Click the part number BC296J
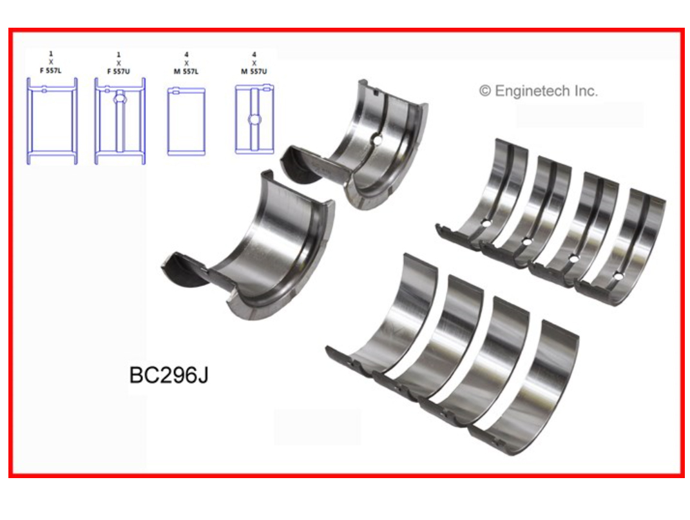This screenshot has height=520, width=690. (169, 375)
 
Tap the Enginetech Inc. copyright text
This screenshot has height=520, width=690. (538, 91)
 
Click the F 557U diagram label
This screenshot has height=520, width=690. (119, 71)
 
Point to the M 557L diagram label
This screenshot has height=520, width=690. (186, 71)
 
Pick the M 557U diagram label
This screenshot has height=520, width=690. (254, 71)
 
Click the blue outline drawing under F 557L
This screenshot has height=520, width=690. (52, 121)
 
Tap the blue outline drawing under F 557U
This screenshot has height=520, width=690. (120, 121)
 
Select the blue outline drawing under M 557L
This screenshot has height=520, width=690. (186, 122)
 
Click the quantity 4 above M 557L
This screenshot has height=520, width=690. (186, 55)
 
